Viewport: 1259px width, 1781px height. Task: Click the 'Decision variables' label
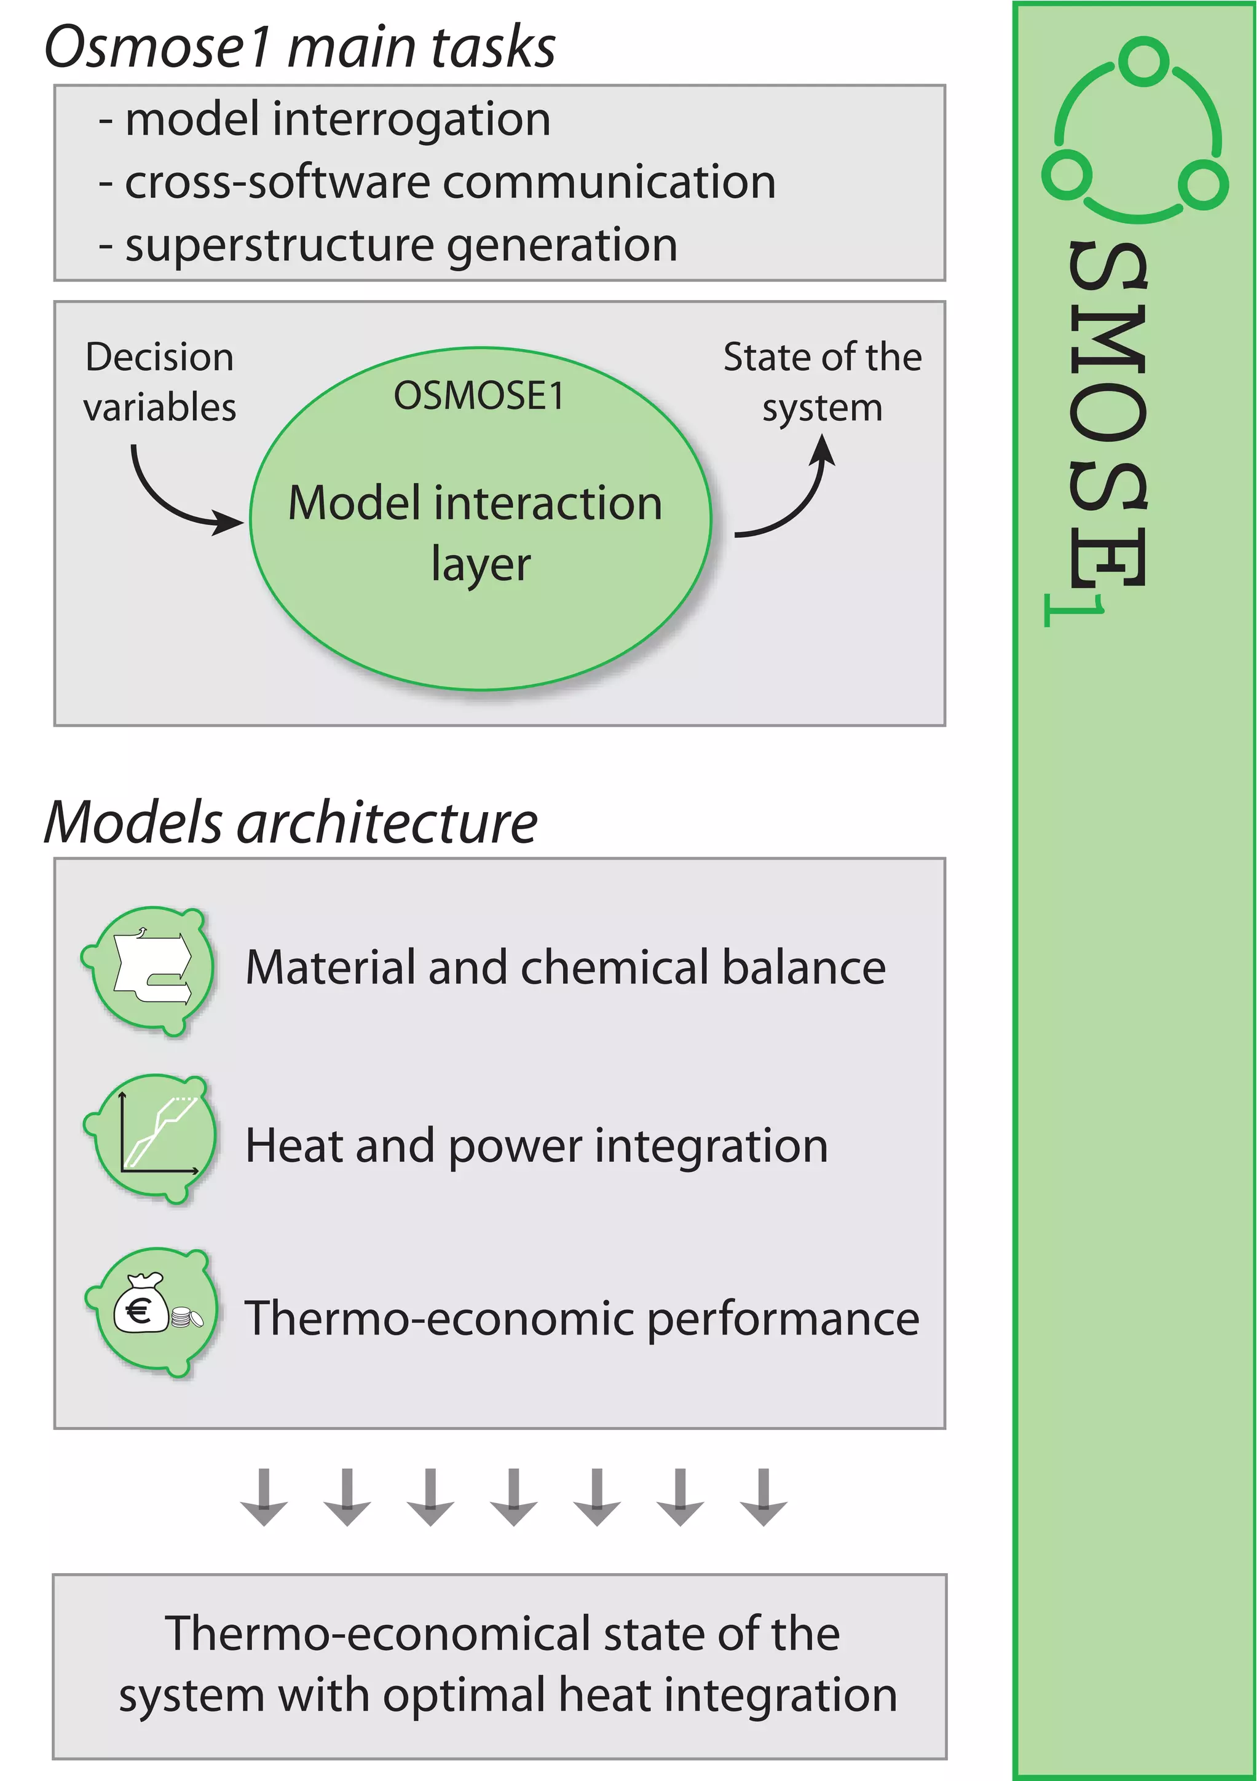160,382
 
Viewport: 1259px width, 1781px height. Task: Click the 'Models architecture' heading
291,822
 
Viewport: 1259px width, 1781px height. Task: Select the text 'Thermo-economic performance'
581,1318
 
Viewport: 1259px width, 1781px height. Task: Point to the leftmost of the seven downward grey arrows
264,1496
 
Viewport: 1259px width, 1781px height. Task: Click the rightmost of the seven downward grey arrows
764,1496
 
